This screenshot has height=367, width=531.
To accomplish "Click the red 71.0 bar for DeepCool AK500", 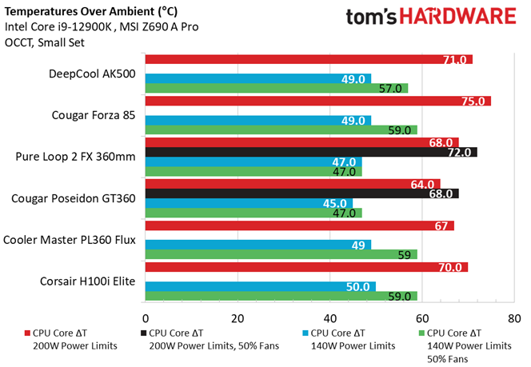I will (308, 59).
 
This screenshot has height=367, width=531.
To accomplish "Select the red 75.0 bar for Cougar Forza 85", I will (317, 101).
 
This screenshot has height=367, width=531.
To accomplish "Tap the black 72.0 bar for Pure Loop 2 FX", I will (310, 152).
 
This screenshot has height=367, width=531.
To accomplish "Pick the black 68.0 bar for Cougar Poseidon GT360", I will (301, 193).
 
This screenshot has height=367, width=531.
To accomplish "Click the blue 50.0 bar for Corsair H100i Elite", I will (259, 286).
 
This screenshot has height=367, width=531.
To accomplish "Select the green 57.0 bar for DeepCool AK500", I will (276, 88).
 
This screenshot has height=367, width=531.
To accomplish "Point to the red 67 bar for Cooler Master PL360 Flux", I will (298, 225).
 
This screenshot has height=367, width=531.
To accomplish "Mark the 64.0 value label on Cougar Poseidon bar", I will (424, 184).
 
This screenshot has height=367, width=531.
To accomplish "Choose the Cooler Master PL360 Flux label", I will (70, 239).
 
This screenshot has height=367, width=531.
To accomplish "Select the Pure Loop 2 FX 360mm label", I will (75, 157).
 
